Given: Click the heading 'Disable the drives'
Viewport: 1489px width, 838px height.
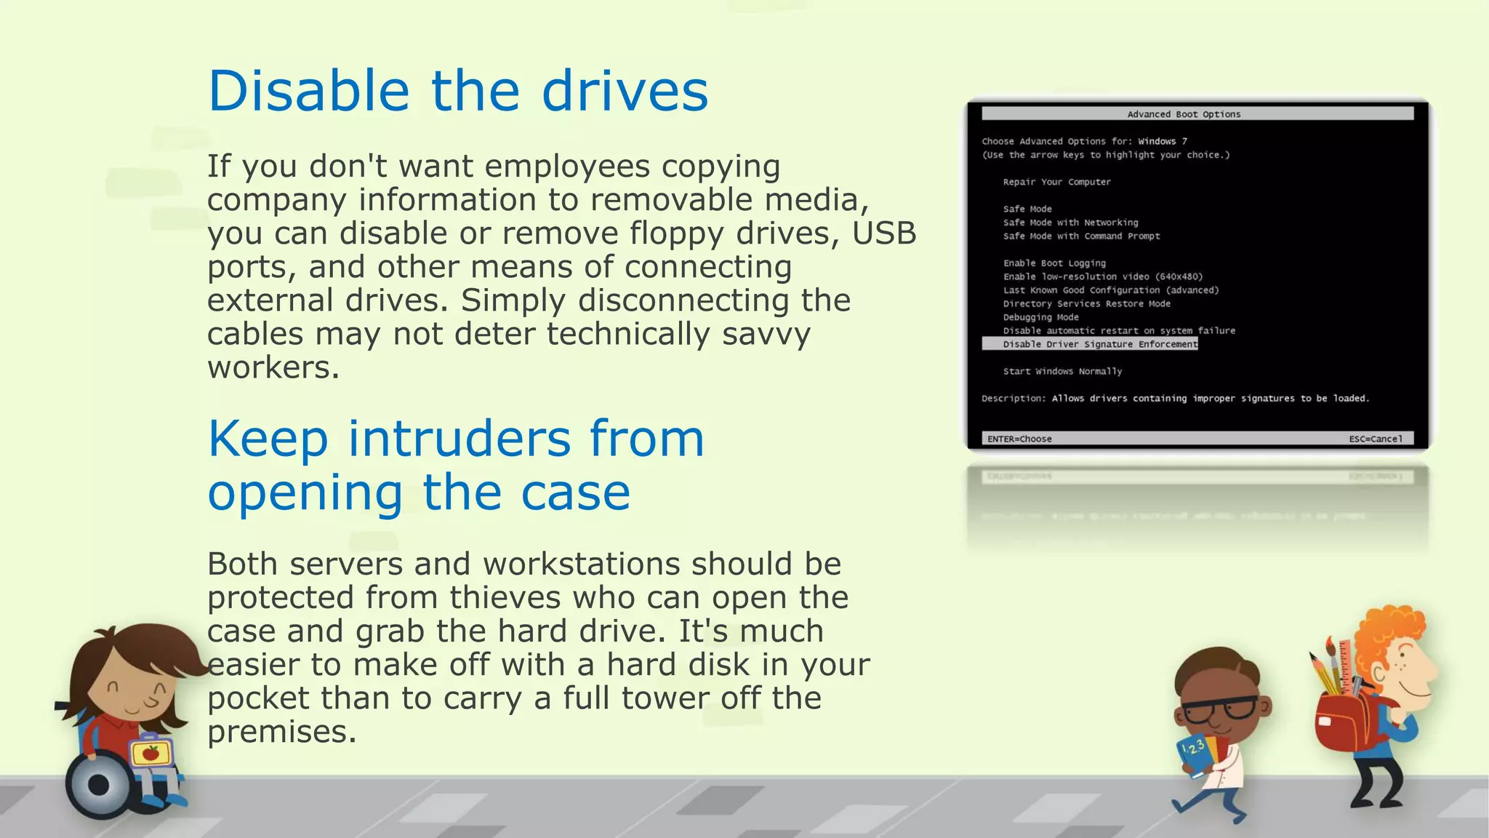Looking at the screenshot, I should pos(457,91).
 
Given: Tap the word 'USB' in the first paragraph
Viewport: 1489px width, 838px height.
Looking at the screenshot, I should pos(884,234).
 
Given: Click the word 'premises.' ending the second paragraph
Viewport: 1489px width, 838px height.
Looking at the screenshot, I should pos(281,732).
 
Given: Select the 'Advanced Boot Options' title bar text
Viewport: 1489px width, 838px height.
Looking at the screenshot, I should pos(1184,114).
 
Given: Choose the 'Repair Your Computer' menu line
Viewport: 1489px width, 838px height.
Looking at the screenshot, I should pos(1056,182).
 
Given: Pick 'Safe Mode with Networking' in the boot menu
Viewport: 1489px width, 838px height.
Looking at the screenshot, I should pos(1070,223).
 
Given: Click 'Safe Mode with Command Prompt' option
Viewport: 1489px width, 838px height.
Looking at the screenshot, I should pos(1081,236).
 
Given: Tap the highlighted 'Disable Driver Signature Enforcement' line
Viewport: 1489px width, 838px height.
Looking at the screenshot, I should pos(1099,344).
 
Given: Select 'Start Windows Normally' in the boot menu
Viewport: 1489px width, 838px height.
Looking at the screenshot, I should pos(1062,371).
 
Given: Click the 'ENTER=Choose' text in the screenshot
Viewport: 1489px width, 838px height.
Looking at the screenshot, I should pos(1019,439).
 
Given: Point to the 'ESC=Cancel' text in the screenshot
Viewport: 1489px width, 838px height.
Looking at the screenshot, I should pos(1376,439).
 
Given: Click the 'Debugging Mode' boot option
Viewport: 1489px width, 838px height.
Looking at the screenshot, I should pos(1040,317).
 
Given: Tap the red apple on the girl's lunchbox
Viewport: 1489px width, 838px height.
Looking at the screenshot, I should pos(150,753).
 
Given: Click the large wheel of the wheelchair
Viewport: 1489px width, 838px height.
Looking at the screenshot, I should pos(98,786).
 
